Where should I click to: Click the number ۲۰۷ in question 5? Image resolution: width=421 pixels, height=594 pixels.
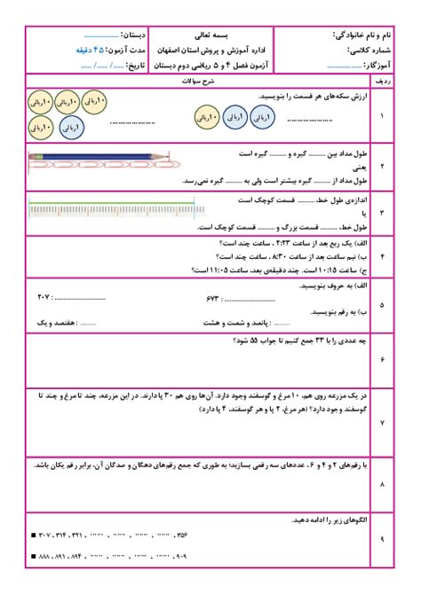(44, 294)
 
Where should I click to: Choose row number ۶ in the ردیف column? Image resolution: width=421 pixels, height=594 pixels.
(382, 359)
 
